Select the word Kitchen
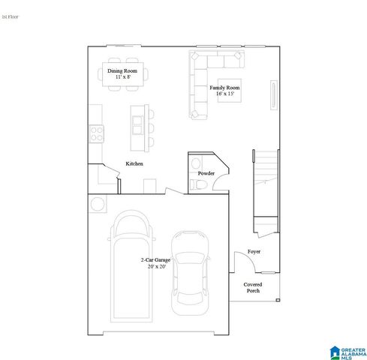pos(134,163)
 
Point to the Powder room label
pos(206,173)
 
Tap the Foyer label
pos(254,252)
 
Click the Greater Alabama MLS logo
pos(346,351)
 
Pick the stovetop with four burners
pos(97,133)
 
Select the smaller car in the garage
pos(188,271)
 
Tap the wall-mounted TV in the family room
pos(273,97)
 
